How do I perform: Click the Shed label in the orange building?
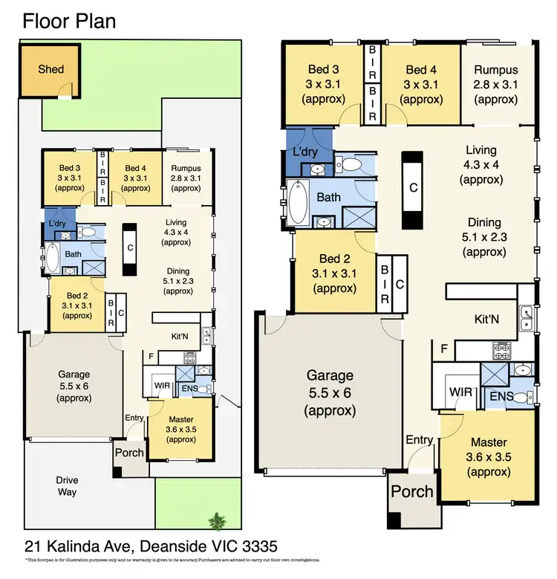tap(51, 69)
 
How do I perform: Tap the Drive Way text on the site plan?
tap(67, 485)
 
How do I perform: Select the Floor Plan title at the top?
tap(69, 21)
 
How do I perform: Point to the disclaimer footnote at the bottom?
tap(172, 560)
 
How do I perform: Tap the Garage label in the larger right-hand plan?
tap(330, 375)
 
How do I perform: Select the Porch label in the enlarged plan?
tap(412, 491)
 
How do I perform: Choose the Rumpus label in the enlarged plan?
tap(496, 71)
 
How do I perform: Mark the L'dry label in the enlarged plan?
tap(305, 151)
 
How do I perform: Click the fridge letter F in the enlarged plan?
tap(443, 349)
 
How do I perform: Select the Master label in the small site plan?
tap(180, 420)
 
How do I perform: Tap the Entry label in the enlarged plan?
tap(420, 440)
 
